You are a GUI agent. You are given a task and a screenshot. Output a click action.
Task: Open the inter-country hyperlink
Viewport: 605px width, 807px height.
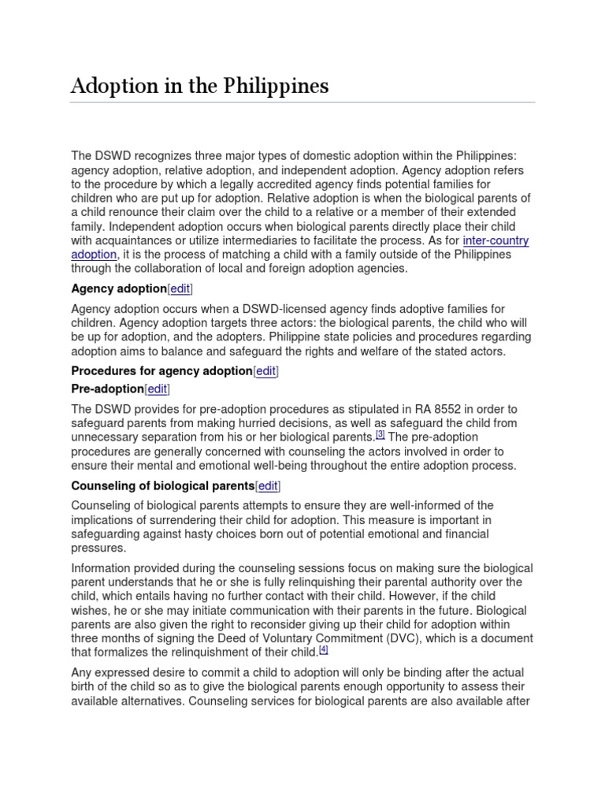(x=496, y=240)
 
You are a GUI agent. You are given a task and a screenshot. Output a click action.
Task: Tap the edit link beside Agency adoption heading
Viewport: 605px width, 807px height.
(x=180, y=288)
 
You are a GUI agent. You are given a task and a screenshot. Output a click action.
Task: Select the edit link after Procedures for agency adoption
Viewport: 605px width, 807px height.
(x=265, y=370)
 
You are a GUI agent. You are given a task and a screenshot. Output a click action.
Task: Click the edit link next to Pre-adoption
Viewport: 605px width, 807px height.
(x=158, y=389)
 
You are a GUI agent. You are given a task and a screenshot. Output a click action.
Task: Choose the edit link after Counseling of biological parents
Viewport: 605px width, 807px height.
(x=268, y=485)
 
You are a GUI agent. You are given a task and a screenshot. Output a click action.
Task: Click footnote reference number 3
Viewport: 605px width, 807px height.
(x=380, y=433)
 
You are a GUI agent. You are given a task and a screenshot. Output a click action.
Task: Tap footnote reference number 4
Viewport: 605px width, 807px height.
(x=323, y=649)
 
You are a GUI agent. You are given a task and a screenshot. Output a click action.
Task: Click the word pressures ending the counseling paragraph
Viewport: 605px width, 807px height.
(x=98, y=548)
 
